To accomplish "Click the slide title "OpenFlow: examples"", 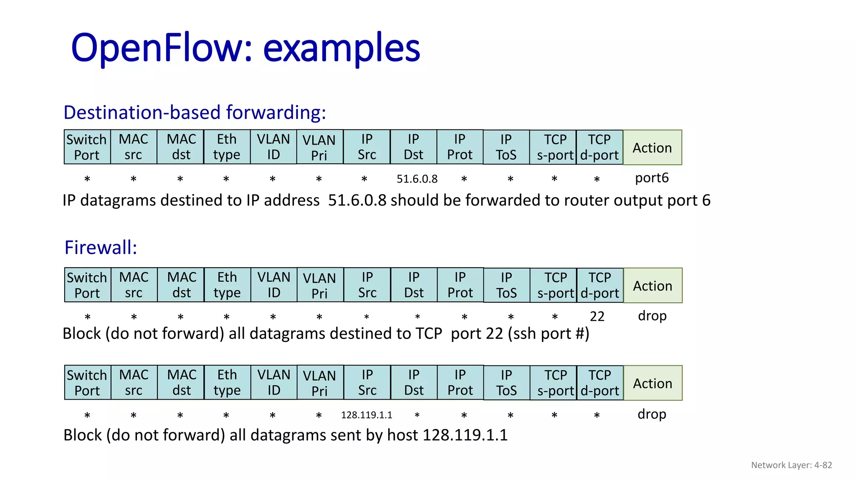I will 245,48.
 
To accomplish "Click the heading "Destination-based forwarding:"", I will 195,112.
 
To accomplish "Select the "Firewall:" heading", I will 101,247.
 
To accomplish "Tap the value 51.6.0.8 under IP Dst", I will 417,179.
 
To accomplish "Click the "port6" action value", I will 652,178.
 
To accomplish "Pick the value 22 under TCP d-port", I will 597,316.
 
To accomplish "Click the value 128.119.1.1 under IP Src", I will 367,415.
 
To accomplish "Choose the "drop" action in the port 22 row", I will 652,316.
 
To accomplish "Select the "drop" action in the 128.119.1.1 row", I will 652,414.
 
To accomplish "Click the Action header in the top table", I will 652,147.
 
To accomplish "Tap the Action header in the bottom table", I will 653,383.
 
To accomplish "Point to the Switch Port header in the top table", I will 87,147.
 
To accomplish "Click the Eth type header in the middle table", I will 227,285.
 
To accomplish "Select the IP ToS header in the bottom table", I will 506,383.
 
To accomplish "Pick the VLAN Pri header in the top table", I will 319,147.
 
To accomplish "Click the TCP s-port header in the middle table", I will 556,285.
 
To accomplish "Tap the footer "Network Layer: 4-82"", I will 792,465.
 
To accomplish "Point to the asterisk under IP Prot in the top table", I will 464,180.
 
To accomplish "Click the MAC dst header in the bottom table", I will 182,383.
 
